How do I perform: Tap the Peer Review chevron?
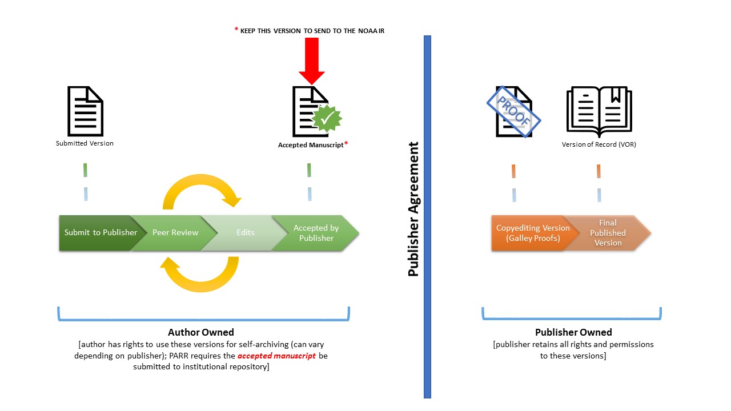[x=175, y=233]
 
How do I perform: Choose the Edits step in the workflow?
[x=246, y=233]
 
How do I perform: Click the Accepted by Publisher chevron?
[x=316, y=233]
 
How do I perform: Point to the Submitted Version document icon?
[x=85, y=111]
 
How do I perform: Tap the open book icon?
[x=599, y=112]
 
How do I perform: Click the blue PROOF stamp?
[x=513, y=112]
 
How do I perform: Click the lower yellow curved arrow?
[x=200, y=275]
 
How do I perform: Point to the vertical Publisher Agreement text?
[x=413, y=209]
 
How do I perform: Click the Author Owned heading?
[x=200, y=332]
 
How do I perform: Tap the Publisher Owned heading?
[x=573, y=332]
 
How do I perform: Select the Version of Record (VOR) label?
[x=599, y=144]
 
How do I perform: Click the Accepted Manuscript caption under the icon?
[x=311, y=145]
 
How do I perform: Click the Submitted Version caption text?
[x=85, y=143]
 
